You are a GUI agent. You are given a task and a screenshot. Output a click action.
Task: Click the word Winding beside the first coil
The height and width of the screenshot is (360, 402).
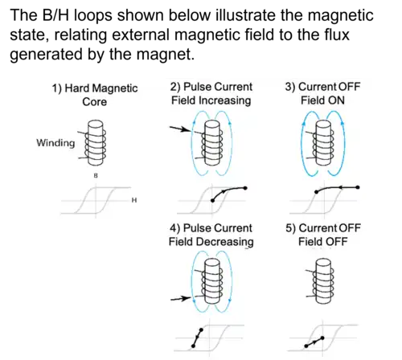tap(55, 143)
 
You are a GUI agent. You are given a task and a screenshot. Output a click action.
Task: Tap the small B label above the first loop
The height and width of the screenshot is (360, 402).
tap(96, 176)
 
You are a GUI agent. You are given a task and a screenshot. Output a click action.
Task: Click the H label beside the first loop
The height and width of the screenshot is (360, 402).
tap(134, 200)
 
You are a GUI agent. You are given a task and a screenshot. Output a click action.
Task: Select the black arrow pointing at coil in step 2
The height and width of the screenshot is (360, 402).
tap(180, 129)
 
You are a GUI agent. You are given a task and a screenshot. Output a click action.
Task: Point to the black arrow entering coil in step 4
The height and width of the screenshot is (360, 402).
tap(180, 298)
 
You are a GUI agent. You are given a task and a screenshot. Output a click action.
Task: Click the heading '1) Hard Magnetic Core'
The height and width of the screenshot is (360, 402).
tap(95, 95)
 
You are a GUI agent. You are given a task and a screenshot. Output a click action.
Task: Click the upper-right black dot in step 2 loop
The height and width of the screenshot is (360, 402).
tap(245, 188)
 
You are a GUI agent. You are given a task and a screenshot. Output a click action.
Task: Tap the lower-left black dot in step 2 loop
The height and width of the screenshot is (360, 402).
tap(213, 200)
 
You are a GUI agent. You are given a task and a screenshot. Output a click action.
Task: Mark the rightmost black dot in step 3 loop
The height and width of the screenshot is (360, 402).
tap(358, 187)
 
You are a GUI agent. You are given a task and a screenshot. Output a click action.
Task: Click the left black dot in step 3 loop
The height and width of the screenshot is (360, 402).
tap(317, 192)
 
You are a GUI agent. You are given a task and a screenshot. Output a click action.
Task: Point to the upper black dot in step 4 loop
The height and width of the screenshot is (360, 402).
tap(201, 329)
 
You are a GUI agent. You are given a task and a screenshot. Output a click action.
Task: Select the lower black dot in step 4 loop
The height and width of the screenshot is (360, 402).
tap(193, 346)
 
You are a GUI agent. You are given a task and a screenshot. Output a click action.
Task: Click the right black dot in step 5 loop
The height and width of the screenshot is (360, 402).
tap(322, 338)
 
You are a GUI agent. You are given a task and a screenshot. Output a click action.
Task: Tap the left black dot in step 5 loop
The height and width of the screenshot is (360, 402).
tap(306, 346)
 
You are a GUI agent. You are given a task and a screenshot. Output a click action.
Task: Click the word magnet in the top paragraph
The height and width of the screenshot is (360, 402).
tap(165, 55)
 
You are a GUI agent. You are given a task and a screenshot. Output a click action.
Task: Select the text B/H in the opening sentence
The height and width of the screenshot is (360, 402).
tap(55, 15)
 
